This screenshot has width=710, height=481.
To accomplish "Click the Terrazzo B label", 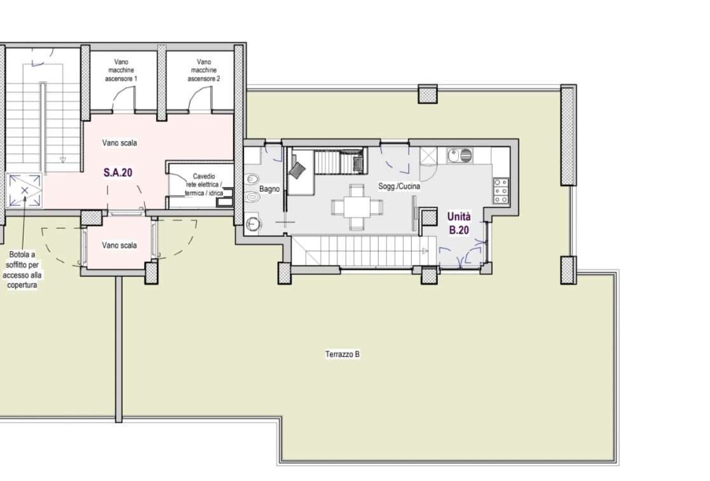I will (x=343, y=355).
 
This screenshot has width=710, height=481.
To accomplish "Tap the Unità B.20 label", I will (x=459, y=223).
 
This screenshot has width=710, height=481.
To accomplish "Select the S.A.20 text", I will (x=118, y=172).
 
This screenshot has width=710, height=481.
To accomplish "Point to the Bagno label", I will (x=270, y=189).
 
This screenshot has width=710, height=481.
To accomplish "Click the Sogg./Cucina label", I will (x=400, y=187).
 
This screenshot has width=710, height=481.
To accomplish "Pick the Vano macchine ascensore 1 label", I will (x=121, y=71).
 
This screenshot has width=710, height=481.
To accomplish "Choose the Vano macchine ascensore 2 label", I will (x=203, y=71).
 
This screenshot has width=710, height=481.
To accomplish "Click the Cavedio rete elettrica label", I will (x=203, y=184).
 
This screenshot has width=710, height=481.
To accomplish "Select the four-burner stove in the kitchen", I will (x=501, y=191).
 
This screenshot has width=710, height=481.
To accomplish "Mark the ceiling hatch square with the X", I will (x=25, y=190).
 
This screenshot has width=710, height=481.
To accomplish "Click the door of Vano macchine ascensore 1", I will (x=125, y=100).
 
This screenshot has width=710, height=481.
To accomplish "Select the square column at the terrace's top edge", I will (x=428, y=94).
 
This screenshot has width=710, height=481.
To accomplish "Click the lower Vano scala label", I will (x=119, y=245).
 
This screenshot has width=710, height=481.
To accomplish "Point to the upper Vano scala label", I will (x=119, y=143).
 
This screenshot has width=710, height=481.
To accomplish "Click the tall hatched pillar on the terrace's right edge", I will (x=568, y=135).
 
